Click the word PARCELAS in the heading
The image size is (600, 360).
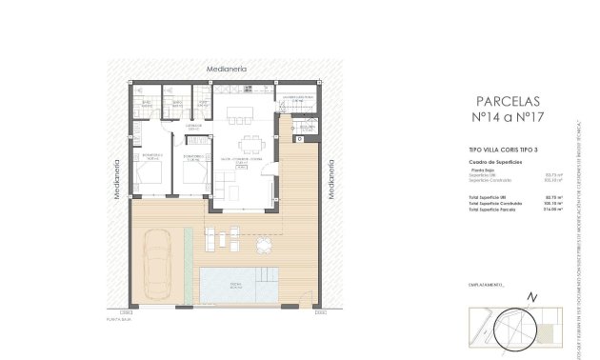[506, 100]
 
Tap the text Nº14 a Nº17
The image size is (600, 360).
[506, 119]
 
